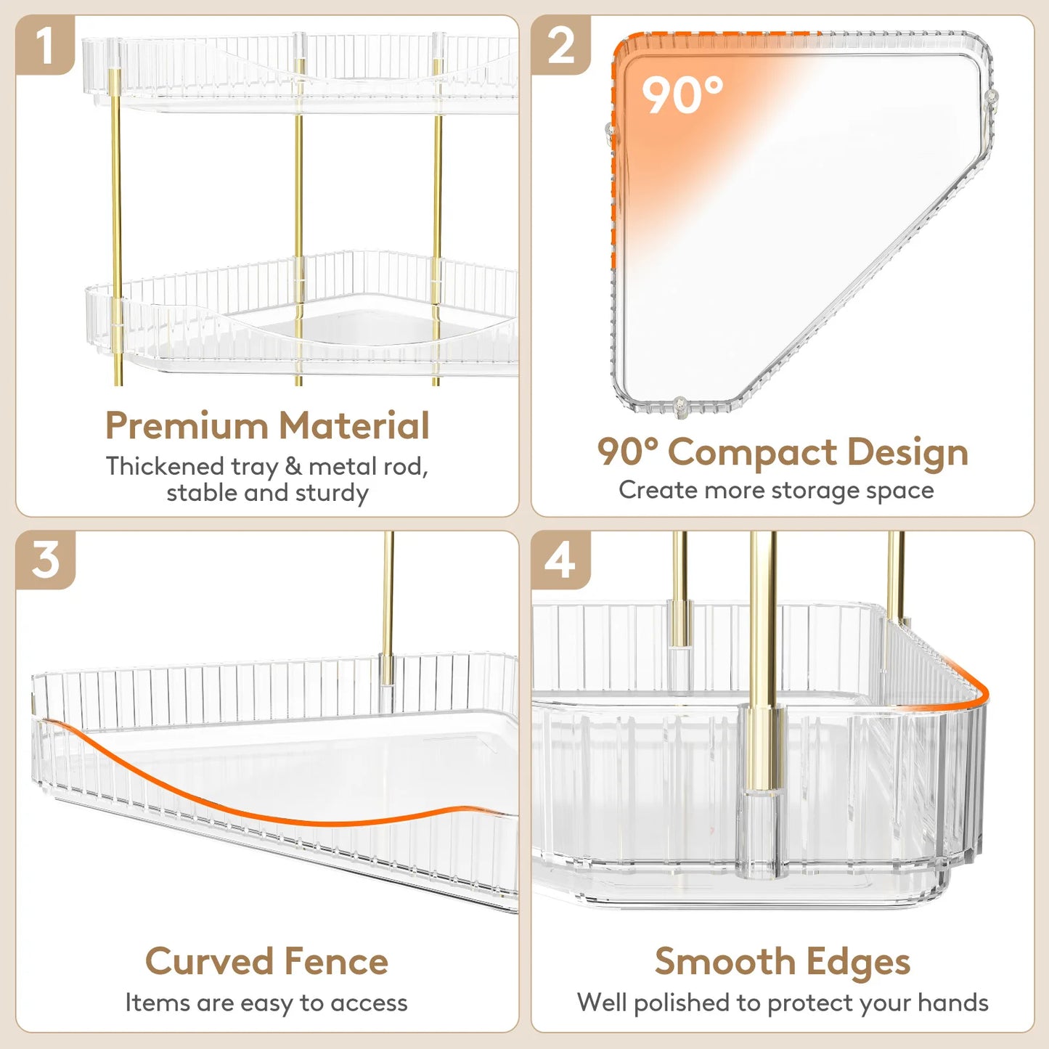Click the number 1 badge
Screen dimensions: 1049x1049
point(45,46)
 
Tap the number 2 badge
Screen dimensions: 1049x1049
point(560,46)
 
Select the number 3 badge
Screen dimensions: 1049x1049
point(45,560)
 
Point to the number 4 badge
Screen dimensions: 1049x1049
point(560,560)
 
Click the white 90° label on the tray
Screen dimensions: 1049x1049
point(682,96)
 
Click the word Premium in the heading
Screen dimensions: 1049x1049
point(187,425)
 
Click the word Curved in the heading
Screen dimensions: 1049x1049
point(208,962)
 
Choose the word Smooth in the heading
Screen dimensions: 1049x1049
point(724,962)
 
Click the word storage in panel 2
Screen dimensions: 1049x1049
point(806,491)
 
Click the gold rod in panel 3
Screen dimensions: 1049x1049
point(388,603)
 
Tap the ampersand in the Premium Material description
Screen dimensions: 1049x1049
point(293,466)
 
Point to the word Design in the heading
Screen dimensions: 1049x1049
point(907,453)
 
